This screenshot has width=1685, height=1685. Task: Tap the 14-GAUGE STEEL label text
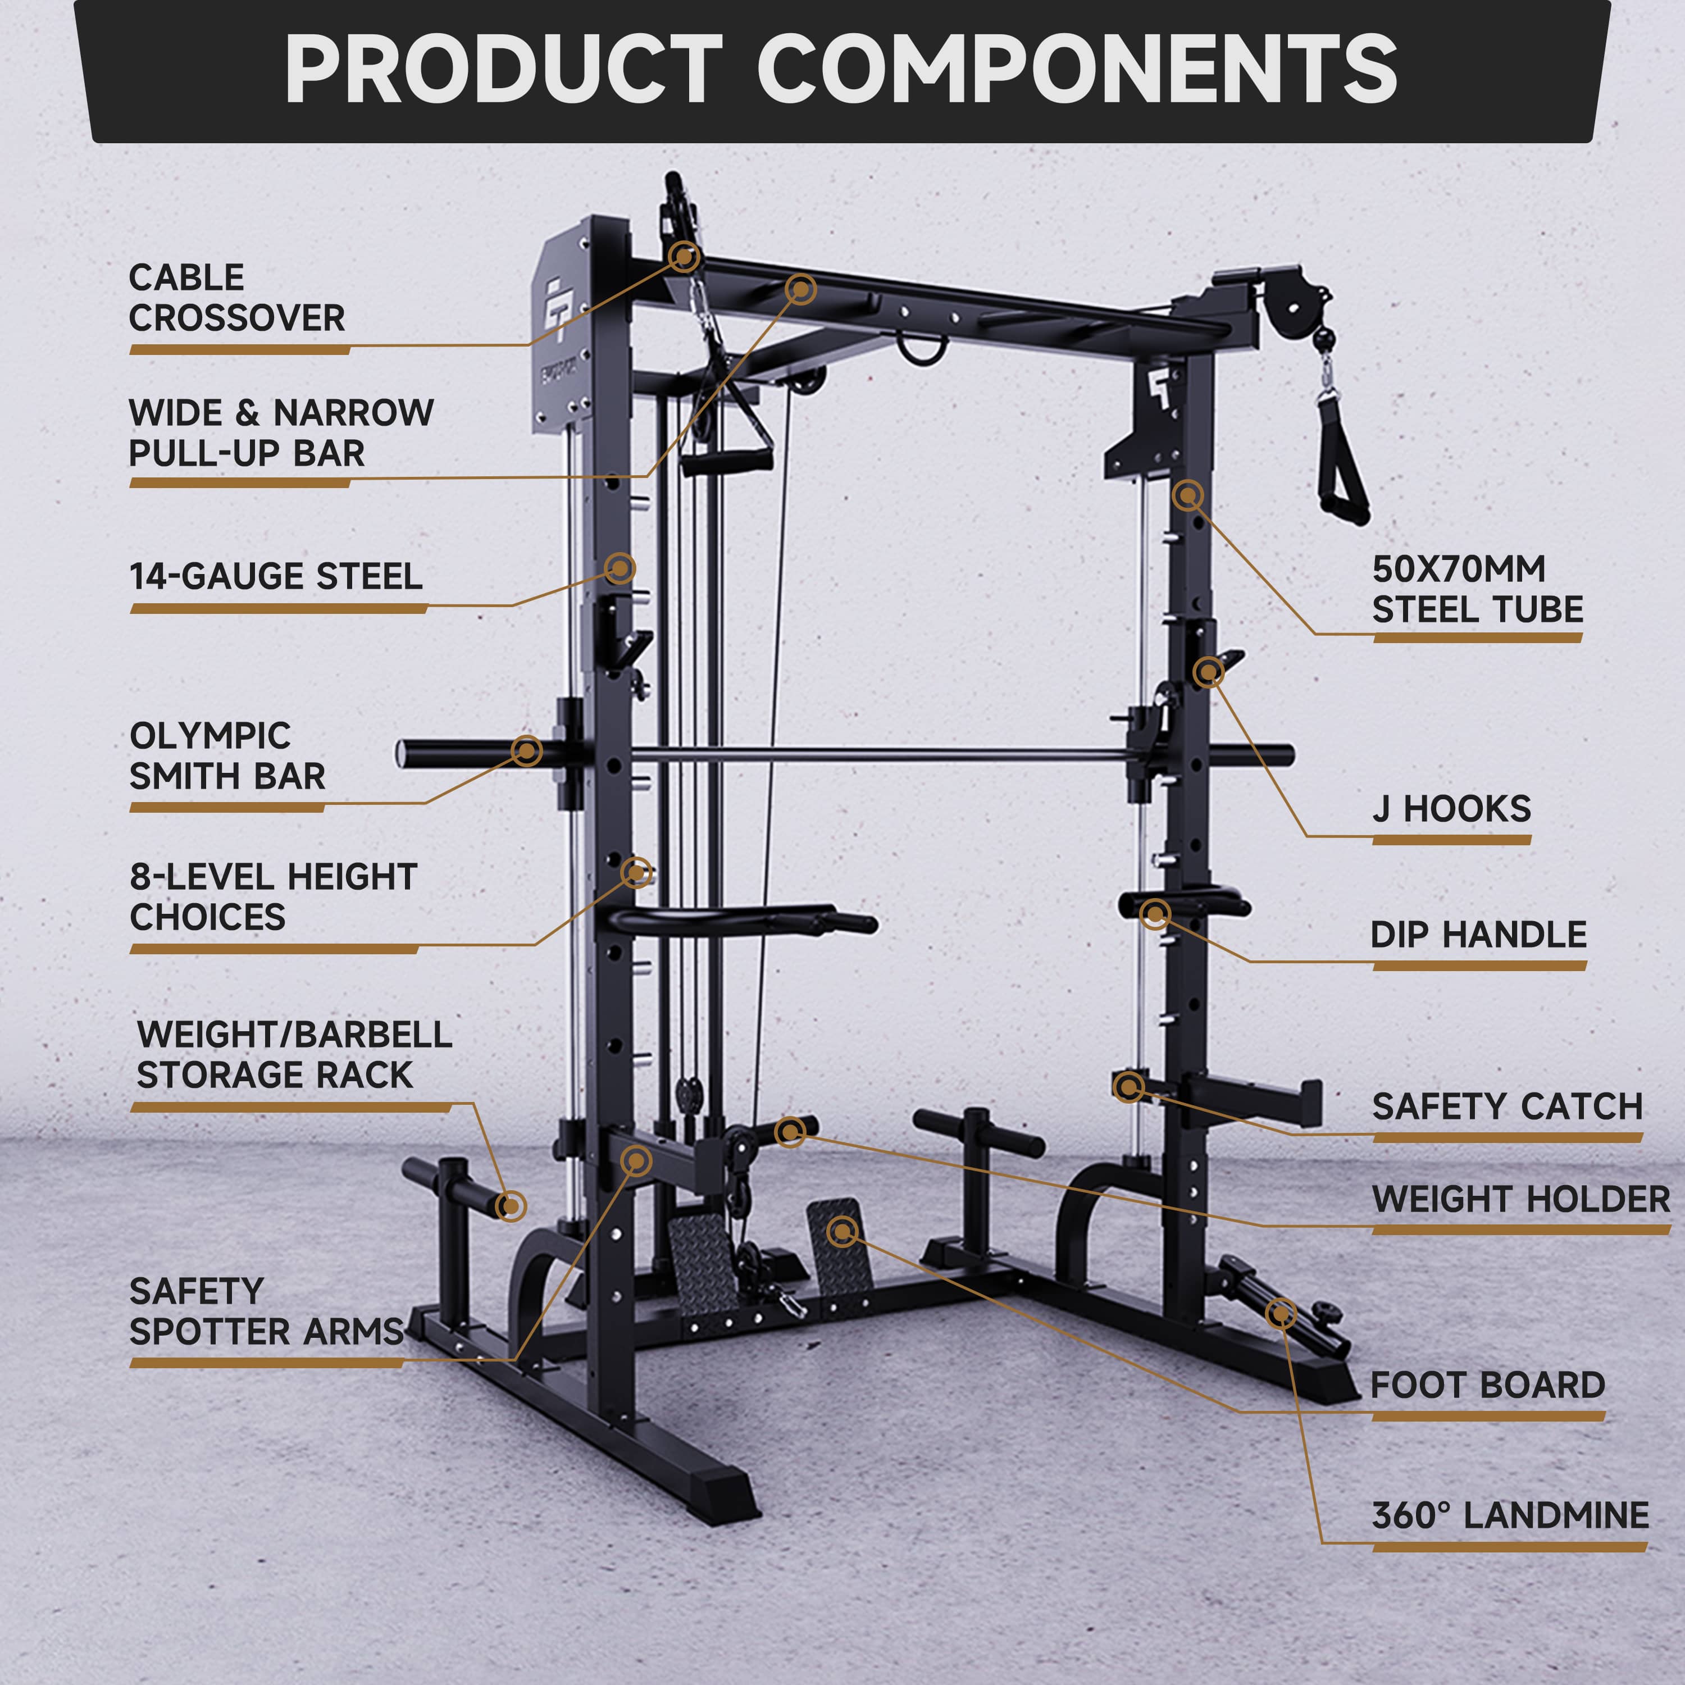point(276,576)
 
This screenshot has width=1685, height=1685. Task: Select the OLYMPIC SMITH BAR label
point(227,755)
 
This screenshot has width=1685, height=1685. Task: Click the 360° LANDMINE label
point(1510,1516)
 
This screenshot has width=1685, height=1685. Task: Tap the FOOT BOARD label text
point(1487,1385)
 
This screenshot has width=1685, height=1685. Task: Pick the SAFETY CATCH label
point(1507,1106)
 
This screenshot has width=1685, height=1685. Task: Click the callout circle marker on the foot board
point(841,1232)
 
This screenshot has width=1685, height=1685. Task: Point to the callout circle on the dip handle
point(1155,914)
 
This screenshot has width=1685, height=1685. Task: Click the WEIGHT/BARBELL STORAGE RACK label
point(294,1054)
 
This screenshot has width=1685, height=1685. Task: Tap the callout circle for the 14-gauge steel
point(619,568)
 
